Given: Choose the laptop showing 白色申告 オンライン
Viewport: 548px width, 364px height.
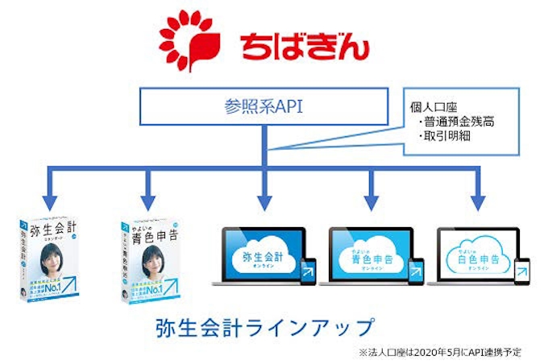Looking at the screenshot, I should [477, 256].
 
